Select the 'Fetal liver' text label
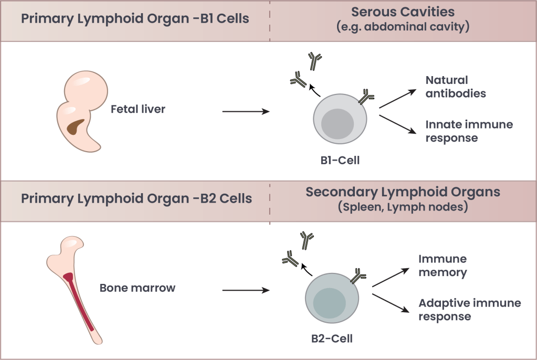pyautogui.click(x=138, y=110)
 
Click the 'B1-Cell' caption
pyautogui.click(x=340, y=161)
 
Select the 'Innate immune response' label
pyautogui.click(x=469, y=131)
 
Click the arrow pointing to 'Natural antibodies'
pyautogui.click(x=398, y=99)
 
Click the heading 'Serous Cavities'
pyautogui.click(x=403, y=12)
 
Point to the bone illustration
pyautogui.click(x=73, y=289)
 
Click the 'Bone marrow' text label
pyautogui.click(x=138, y=288)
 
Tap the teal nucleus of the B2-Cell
pyautogui.click(x=329, y=303)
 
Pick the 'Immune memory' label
pyautogui.click(x=442, y=266)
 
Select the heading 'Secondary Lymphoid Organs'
pyautogui.click(x=403, y=192)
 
